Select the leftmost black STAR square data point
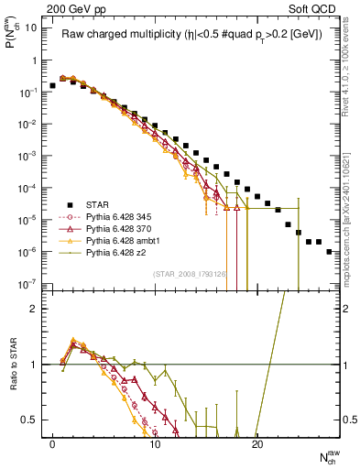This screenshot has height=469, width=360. point(52,85)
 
